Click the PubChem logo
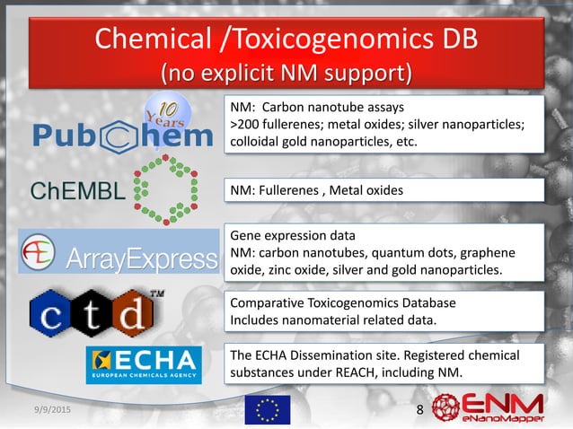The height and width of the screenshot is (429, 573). [x=124, y=136]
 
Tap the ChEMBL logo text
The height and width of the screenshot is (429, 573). [x=78, y=191]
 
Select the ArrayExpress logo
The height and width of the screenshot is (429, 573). [x=119, y=251]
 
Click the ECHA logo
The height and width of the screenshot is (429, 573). [x=144, y=364]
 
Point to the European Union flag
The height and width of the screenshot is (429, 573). [x=268, y=409]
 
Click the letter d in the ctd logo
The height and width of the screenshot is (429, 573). [x=139, y=314]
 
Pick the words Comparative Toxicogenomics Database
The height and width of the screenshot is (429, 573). [x=343, y=303]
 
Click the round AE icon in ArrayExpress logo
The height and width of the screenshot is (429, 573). [x=40, y=249]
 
